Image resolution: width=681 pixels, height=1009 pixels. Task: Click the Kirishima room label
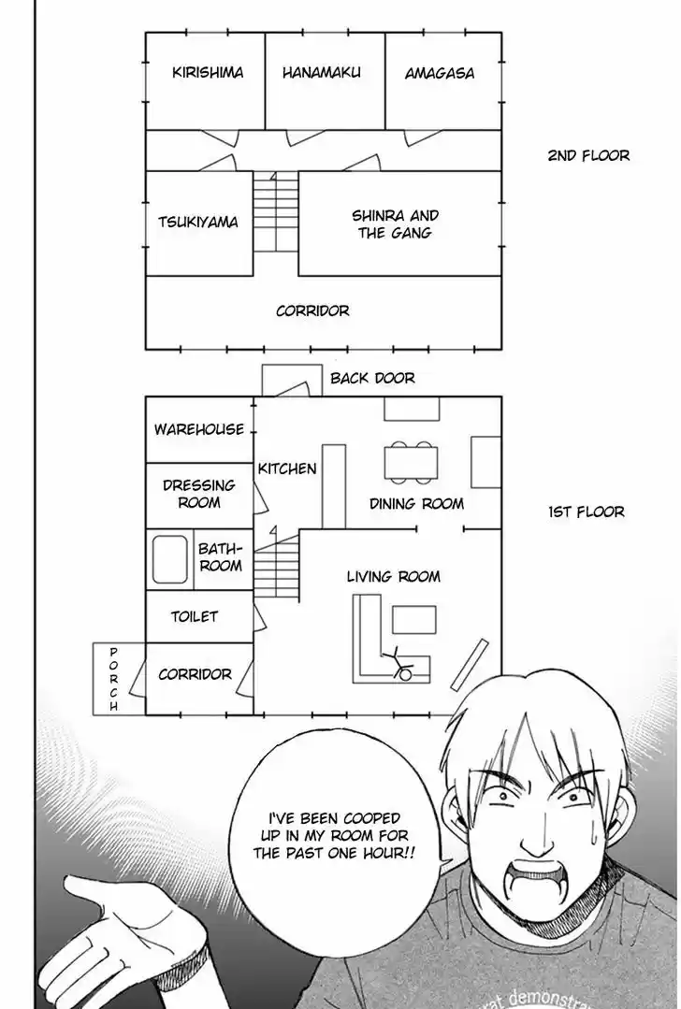(x=208, y=72)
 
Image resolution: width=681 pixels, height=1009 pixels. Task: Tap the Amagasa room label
(x=440, y=72)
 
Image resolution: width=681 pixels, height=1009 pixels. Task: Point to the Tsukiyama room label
(x=198, y=223)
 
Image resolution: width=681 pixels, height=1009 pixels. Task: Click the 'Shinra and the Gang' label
(x=395, y=223)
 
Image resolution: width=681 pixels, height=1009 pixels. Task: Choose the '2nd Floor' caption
(x=588, y=155)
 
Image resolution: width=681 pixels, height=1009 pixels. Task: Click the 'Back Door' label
(x=372, y=379)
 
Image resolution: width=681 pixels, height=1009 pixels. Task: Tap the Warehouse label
(x=199, y=429)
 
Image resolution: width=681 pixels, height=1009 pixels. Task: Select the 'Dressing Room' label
(x=199, y=494)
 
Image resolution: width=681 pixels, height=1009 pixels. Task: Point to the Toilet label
(x=195, y=617)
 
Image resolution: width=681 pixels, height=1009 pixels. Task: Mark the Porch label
(x=114, y=679)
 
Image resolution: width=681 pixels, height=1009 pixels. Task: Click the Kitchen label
(x=287, y=468)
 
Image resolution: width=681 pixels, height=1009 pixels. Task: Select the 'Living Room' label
(x=394, y=576)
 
